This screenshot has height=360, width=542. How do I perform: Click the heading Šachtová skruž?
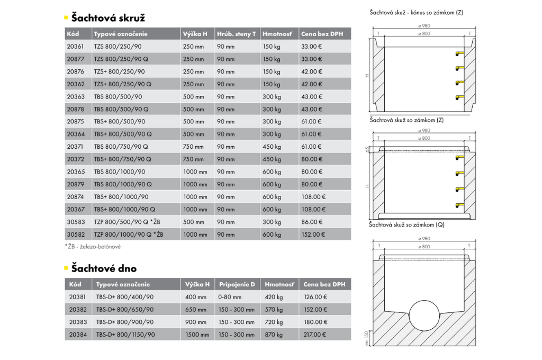pyautogui.click(x=108, y=18)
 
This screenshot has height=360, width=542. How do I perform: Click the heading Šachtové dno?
pyautogui.click(x=104, y=268)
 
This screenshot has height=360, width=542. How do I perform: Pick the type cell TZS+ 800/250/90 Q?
pyautogui.click(x=122, y=84)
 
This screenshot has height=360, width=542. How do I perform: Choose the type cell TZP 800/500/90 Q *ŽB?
pyautogui.click(x=129, y=222)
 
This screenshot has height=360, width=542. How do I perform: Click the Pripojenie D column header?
pyautogui.click(x=237, y=284)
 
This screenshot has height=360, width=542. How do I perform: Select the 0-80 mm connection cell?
pyautogui.click(x=230, y=297)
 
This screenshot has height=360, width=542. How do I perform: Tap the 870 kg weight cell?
pyautogui.click(x=273, y=335)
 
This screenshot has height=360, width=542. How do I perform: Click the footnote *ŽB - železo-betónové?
pyautogui.click(x=93, y=247)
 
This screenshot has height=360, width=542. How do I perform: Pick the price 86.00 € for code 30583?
pyautogui.click(x=312, y=222)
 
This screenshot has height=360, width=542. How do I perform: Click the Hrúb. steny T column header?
pyautogui.click(x=236, y=34)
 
